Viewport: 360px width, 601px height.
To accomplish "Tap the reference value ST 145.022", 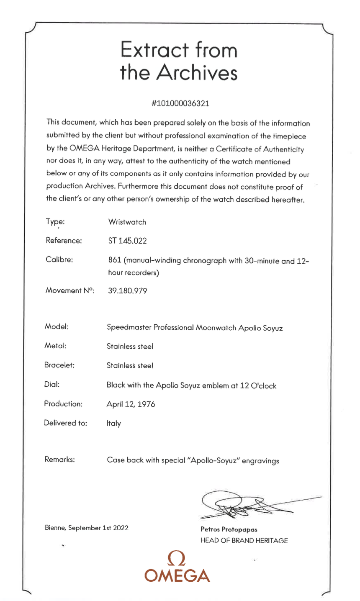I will [127, 241].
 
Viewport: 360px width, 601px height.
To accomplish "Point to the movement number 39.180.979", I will [128, 291].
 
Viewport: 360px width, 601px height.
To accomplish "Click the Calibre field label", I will [59, 259].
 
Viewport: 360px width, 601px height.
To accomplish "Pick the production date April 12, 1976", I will [131, 404].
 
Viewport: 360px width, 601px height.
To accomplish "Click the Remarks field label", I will [59, 460].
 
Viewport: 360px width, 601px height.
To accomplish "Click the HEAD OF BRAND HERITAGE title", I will [244, 540].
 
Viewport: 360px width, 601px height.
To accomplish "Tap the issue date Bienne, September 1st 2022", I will [87, 527].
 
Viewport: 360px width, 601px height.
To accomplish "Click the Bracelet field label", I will [59, 365].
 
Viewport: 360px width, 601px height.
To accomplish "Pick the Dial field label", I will [52, 384].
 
